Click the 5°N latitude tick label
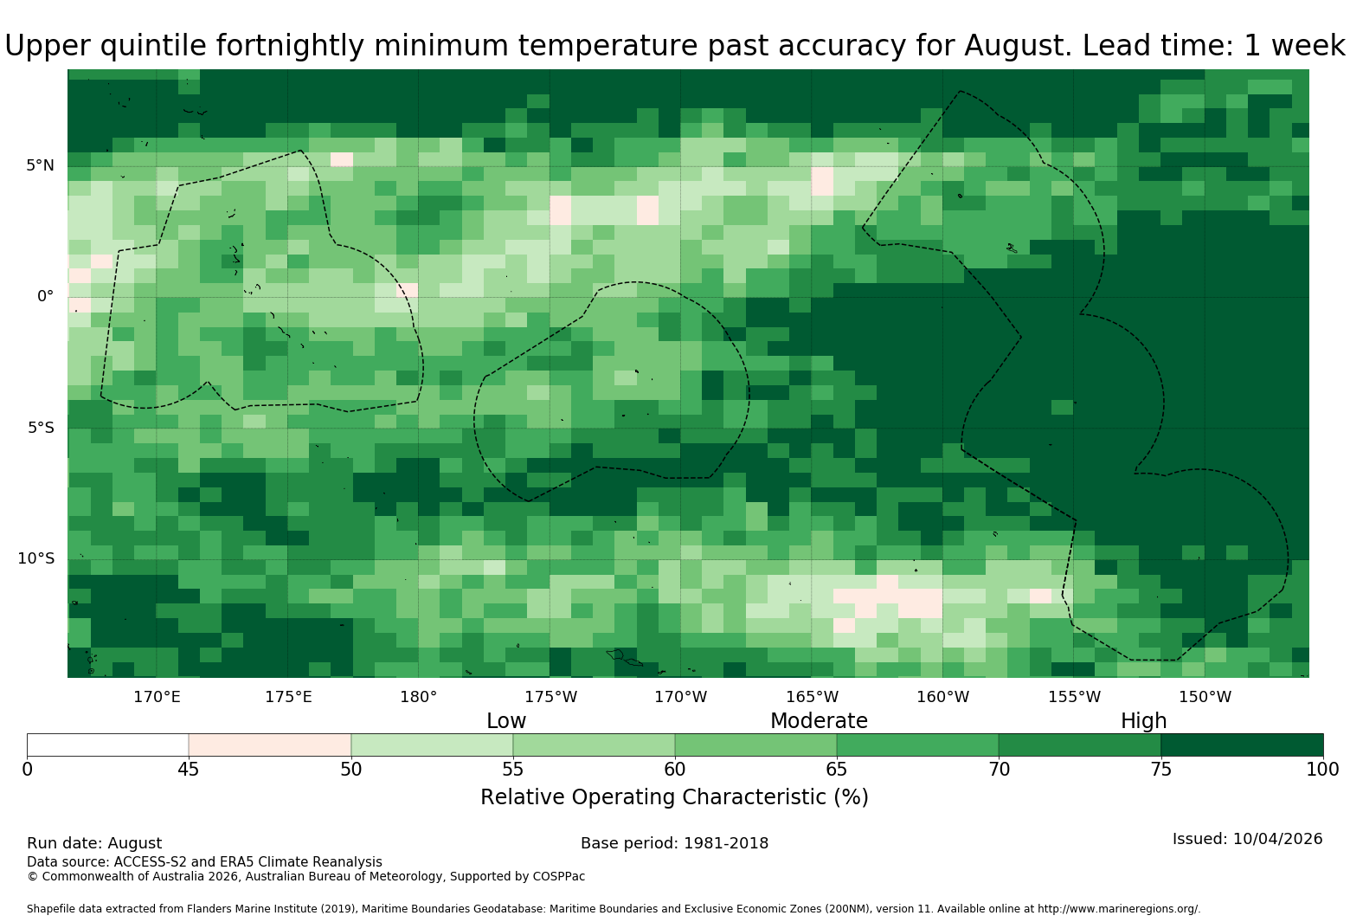point(40,165)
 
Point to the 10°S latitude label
point(36,558)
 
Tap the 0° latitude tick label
point(45,296)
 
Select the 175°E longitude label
point(289,697)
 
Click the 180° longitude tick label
point(419,697)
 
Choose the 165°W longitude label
point(813,697)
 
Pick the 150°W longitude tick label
point(1205,697)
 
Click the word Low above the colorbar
point(506,721)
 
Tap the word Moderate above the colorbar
point(819,721)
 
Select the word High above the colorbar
point(1144,721)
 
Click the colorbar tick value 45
point(189,770)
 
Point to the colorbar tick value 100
point(1323,770)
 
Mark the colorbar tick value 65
point(837,770)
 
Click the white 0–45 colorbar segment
point(108,745)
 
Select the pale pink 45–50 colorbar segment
point(270,745)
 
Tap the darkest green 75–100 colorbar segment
point(1242,745)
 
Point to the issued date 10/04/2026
point(1277,839)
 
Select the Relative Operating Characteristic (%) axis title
point(674,797)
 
